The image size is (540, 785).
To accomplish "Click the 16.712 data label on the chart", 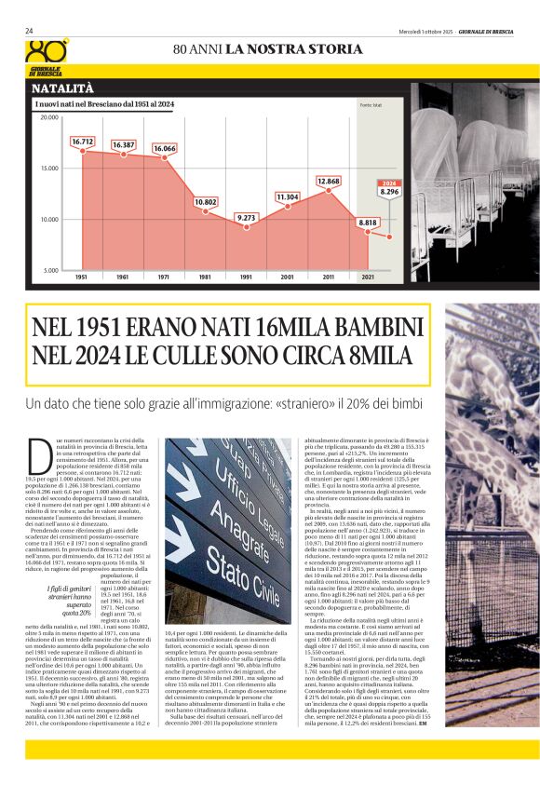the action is coord(82,141).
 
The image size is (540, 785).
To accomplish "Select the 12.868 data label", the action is coord(328,181).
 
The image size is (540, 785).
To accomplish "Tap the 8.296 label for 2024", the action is coord(390,192).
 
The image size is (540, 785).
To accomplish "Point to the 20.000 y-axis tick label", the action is coord(48,118).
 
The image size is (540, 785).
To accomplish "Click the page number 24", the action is coord(30,31).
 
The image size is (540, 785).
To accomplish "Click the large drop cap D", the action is coord(40,456).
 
